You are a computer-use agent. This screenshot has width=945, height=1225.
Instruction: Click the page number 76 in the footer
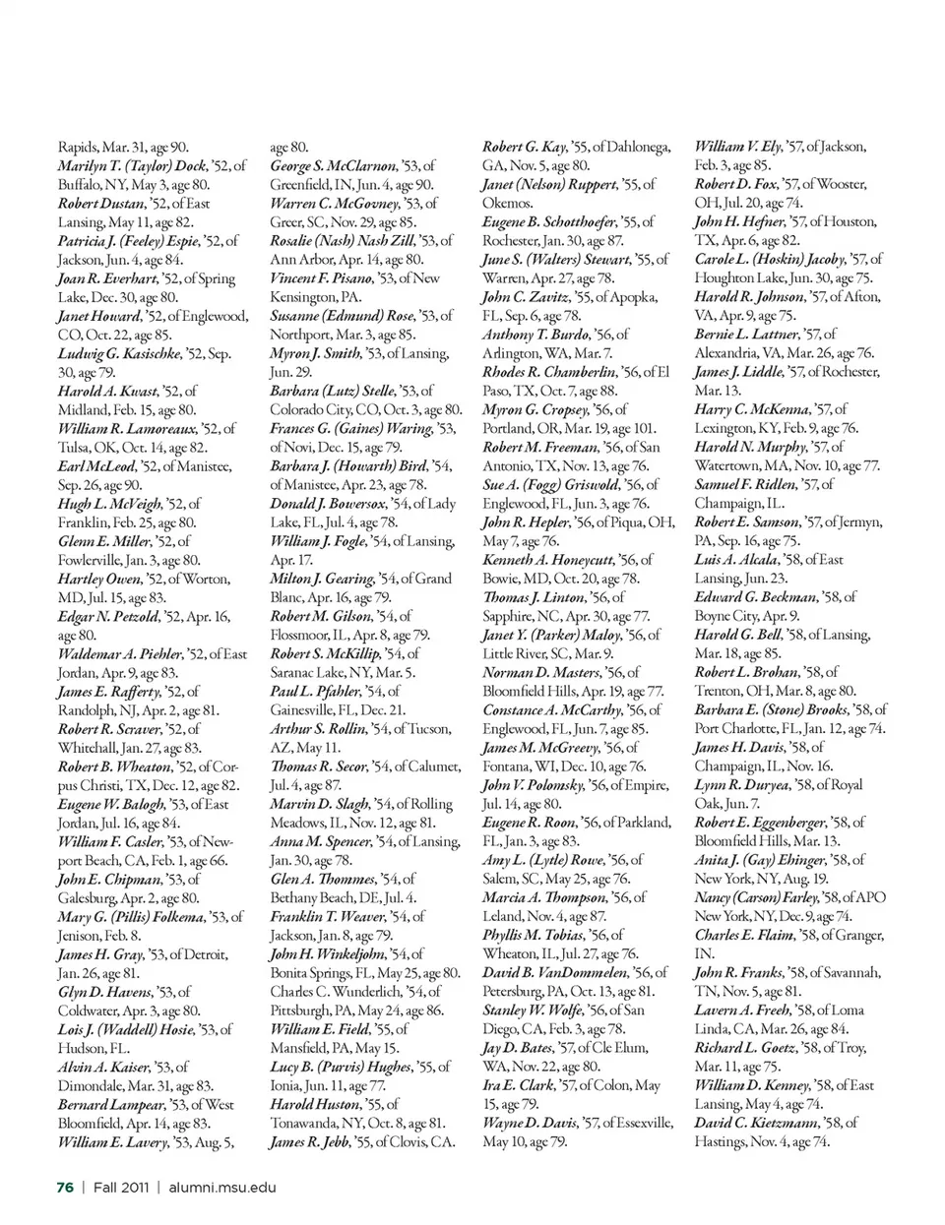pyautogui.click(x=65, y=1187)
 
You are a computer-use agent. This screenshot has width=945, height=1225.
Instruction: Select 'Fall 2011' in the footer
pyautogui.click(x=121, y=1187)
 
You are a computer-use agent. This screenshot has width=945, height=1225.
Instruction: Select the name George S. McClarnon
pyautogui.click(x=334, y=166)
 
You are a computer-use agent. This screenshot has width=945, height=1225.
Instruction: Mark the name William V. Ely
pyautogui.click(x=738, y=148)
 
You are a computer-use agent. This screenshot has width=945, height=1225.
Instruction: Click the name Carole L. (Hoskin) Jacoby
pyautogui.click(x=770, y=260)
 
